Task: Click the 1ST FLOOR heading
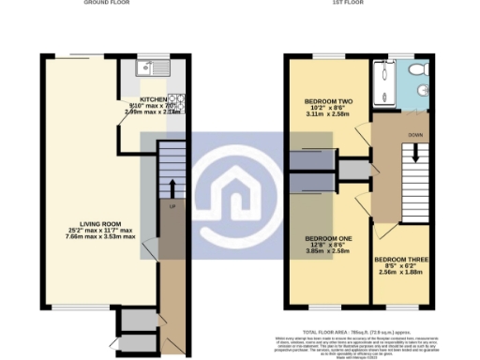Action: (349, 3)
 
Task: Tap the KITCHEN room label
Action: (153, 98)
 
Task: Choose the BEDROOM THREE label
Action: (400, 258)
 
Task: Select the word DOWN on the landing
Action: (413, 134)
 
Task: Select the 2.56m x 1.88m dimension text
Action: (400, 273)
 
